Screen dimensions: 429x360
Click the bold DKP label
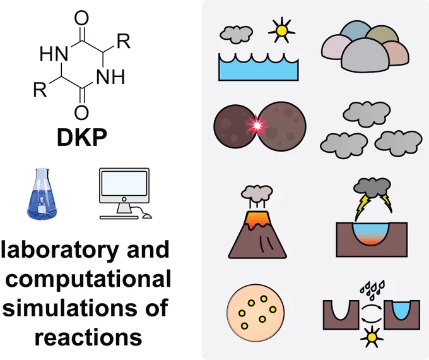tap(82, 137)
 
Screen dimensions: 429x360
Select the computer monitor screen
tap(124, 183)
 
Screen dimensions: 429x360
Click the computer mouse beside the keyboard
tap(147, 216)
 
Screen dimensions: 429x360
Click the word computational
tap(88, 279)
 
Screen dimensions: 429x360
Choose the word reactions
tap(88, 337)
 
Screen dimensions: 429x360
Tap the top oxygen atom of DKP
tap(81, 18)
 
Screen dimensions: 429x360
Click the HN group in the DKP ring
tap(54, 54)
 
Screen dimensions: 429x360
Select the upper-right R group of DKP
tap(124, 41)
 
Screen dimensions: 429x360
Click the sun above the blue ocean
tap(281, 30)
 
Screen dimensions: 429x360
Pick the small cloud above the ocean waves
tap(236, 34)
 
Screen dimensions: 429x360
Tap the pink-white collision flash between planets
tap(257, 125)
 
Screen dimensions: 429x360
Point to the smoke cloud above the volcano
tap(257, 193)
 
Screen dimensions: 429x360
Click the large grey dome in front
tap(365, 56)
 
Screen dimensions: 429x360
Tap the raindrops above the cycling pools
tap(372, 289)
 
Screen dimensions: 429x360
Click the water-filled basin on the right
tap(401, 309)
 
